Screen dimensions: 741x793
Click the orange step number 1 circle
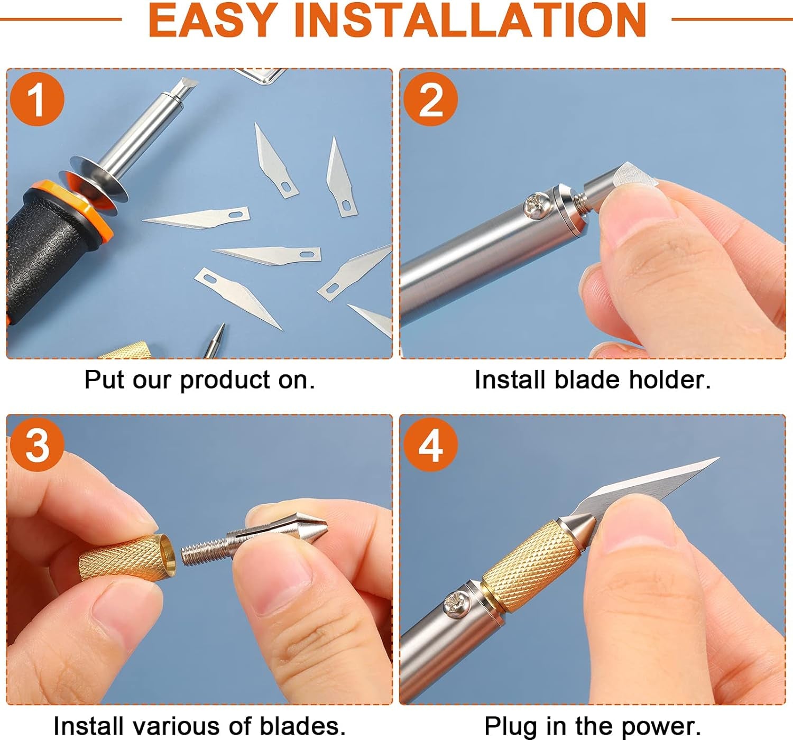pyautogui.click(x=36, y=99)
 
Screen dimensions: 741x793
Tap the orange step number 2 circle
pyautogui.click(x=430, y=99)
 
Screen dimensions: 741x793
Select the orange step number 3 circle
pyautogui.click(x=36, y=445)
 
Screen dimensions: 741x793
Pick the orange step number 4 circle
pyautogui.click(x=430, y=445)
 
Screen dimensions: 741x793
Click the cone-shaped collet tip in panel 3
pyautogui.click(x=309, y=526)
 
